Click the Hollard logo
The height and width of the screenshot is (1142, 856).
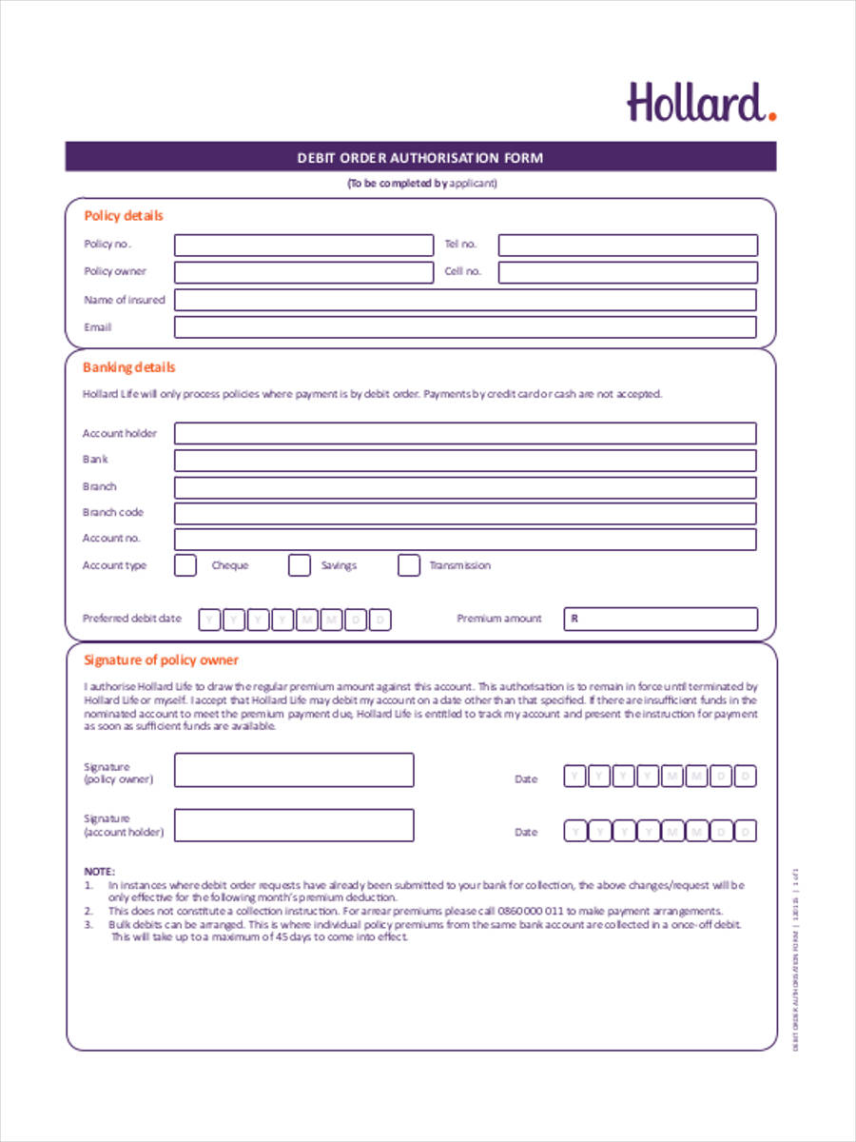701,103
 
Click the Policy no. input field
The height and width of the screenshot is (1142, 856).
302,245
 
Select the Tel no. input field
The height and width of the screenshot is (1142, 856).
628,245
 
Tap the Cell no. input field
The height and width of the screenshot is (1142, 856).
628,272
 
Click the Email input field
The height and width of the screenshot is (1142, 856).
465,327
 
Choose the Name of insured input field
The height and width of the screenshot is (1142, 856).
465,300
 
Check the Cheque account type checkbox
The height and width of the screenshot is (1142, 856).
185,565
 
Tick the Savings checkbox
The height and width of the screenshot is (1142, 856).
300,565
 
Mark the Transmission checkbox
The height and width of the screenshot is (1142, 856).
408,565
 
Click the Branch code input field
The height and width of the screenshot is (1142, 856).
465,513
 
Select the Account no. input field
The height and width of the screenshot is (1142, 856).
465,539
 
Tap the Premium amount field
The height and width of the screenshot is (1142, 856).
661,619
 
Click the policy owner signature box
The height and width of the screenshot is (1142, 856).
294,770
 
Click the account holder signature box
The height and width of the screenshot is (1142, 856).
294,825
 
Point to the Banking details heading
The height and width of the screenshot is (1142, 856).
129,367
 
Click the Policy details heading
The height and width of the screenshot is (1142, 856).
124,216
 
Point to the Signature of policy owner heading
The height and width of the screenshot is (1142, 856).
161,660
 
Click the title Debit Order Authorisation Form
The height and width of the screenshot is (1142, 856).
420,157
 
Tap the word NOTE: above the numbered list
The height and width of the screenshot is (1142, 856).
99,871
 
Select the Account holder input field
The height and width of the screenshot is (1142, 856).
465,434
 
